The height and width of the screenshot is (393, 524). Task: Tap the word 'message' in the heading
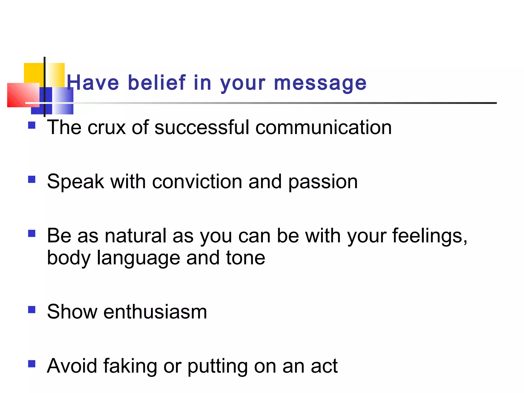(320, 83)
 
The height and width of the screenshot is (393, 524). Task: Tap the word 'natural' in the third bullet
(136, 236)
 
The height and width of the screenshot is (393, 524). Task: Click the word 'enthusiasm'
(155, 312)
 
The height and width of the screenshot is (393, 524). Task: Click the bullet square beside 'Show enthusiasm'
(32, 310)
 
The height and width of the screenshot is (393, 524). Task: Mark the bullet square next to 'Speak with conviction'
(32, 179)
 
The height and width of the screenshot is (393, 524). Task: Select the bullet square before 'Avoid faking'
(32, 364)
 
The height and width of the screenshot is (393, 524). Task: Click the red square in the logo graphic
(20, 95)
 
